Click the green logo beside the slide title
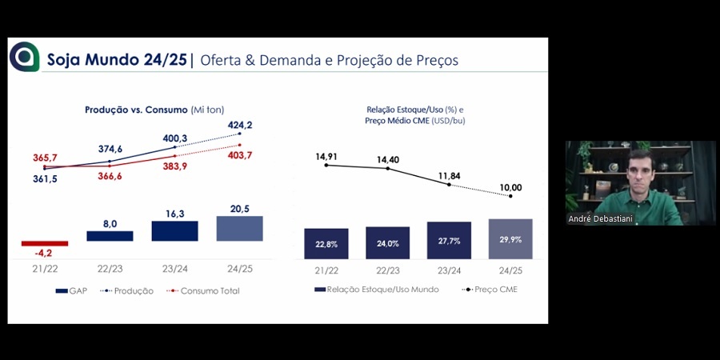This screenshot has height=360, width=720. click(x=24, y=57)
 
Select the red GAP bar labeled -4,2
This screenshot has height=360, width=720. click(x=45, y=243)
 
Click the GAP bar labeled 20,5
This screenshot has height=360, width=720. click(x=240, y=229)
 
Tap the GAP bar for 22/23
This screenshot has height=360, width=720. click(x=110, y=236)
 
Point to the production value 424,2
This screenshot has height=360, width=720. click(x=239, y=125)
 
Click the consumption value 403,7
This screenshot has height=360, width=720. click(x=239, y=155)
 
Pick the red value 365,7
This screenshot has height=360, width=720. click(x=45, y=159)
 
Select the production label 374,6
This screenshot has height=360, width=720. click(x=110, y=149)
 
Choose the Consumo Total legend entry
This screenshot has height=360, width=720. click(x=207, y=291)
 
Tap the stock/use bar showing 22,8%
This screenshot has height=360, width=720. click(x=326, y=243)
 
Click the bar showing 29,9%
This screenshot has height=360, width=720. click(x=510, y=238)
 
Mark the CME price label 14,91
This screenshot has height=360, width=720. click(x=326, y=157)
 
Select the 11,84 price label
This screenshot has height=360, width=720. click(x=449, y=175)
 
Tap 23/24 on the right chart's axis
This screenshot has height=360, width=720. click(x=449, y=272)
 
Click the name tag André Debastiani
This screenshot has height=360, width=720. click(x=600, y=218)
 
